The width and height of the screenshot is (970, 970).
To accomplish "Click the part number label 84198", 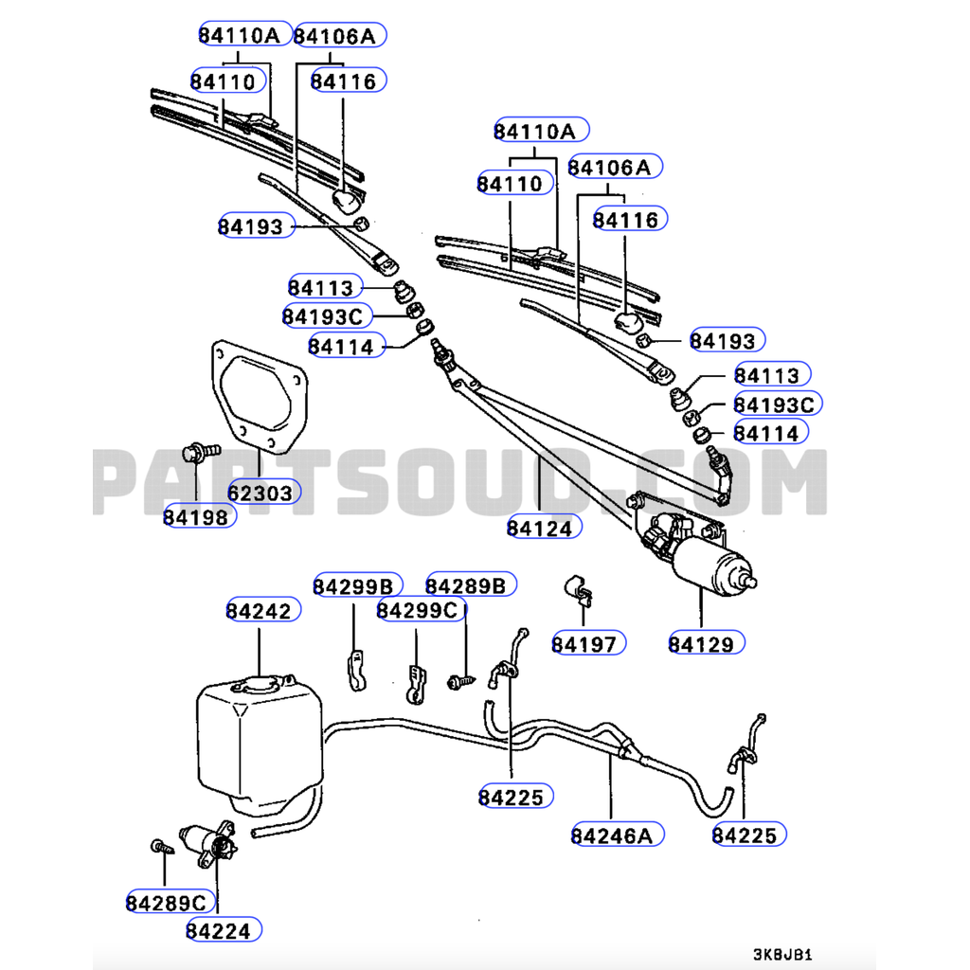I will [196, 516].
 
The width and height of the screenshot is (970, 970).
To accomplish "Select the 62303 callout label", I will [263, 492].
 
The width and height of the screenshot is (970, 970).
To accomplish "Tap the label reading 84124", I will [540, 528].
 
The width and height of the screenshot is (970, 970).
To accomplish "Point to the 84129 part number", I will [702, 644].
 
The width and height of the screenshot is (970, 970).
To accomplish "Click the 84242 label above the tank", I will [259, 610].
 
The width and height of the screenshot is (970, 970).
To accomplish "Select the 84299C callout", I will [417, 609].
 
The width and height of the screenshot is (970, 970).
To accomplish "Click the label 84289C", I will [166, 903].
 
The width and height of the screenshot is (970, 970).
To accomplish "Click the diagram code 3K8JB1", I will [782, 955].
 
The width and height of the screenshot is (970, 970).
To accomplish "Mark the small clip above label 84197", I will [579, 590].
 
